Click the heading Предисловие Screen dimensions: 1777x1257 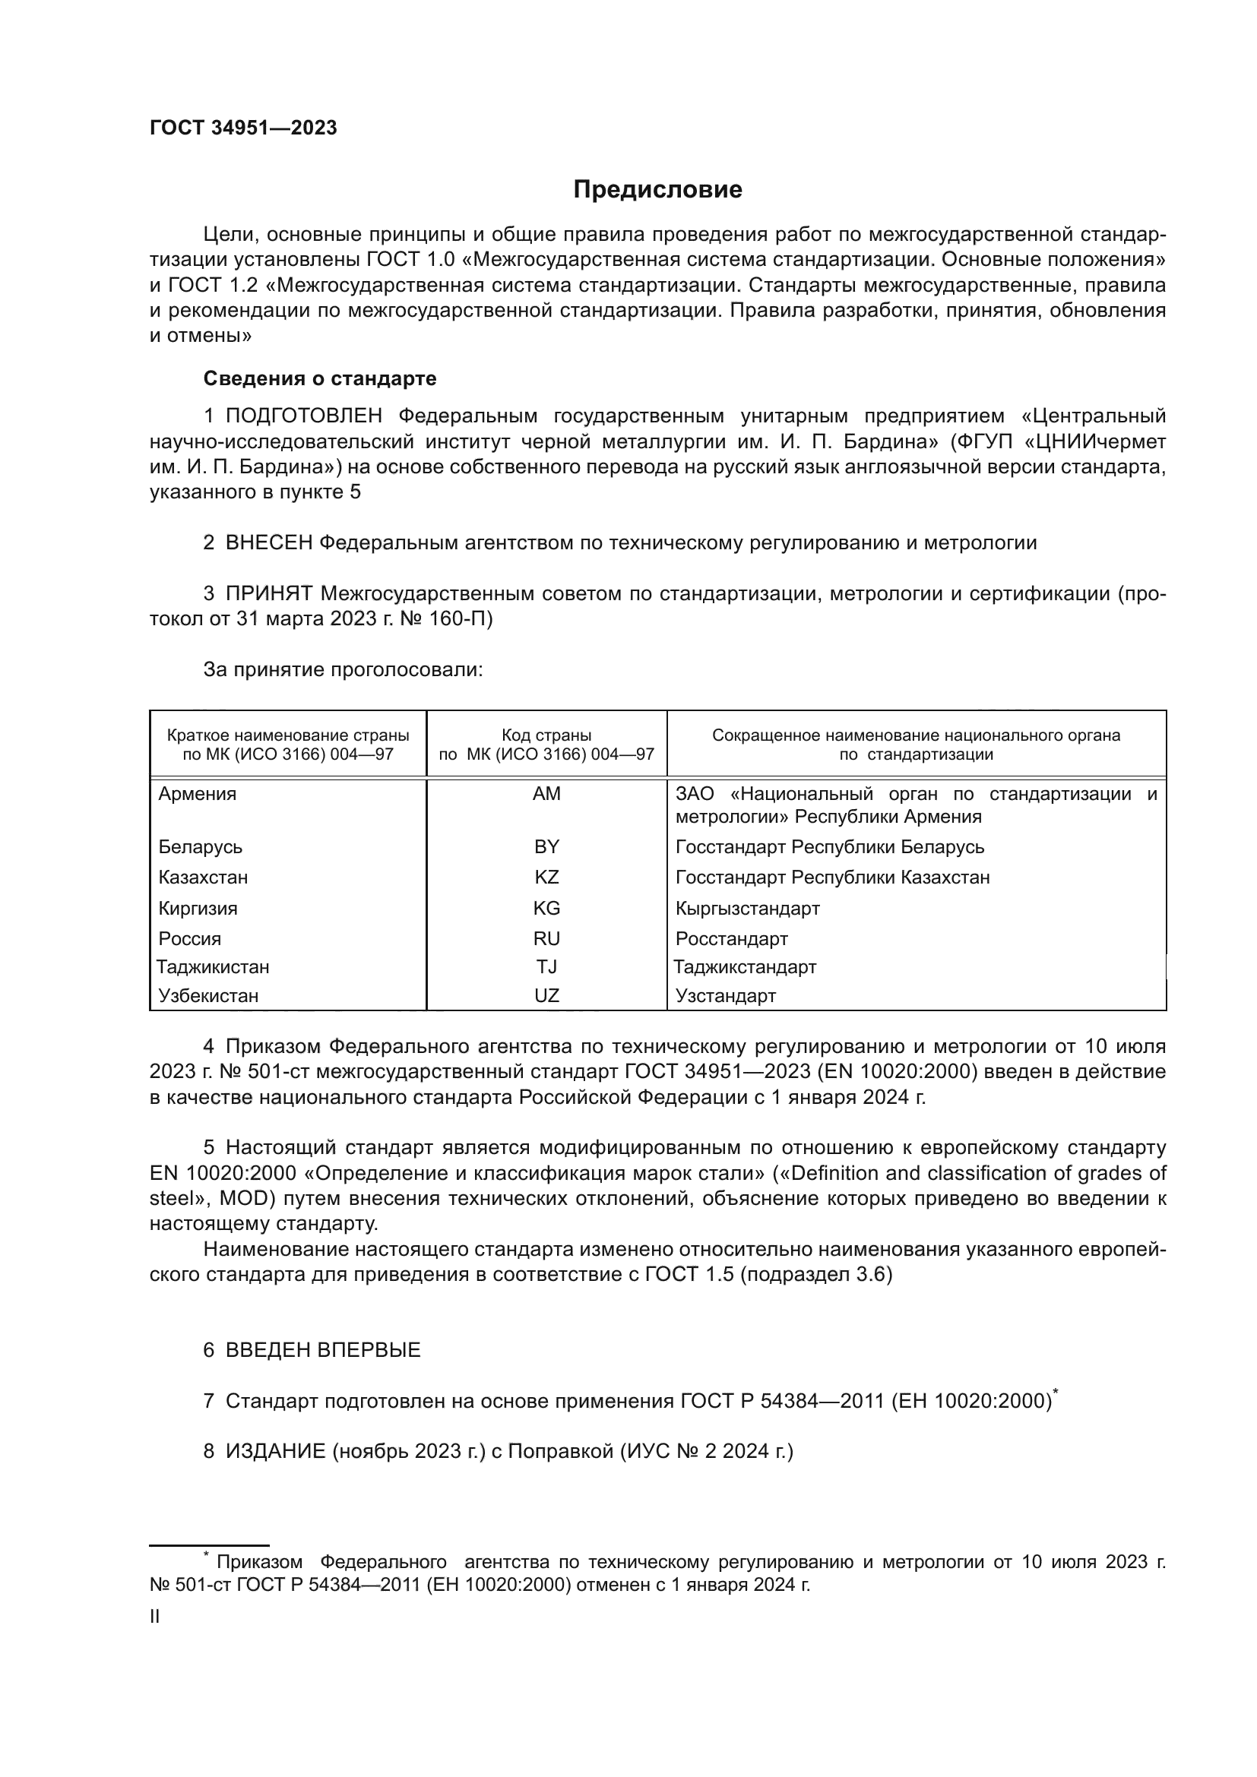pyautogui.click(x=657, y=190)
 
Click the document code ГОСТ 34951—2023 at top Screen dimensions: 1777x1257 pyautogui.click(x=243, y=128)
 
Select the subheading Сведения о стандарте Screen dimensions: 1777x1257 pyautogui.click(x=320, y=378)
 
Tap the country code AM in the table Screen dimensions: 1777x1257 pyautogui.click(x=546, y=793)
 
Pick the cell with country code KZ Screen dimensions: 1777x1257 pyautogui.click(x=546, y=877)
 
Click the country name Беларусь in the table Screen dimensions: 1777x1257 pyautogui.click(x=201, y=846)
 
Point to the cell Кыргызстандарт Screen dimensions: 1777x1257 pyautogui.click(x=747, y=908)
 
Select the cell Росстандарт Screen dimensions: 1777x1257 pyautogui.click(x=731, y=939)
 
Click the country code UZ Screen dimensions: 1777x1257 pyautogui.click(x=546, y=995)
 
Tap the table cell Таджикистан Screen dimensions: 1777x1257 pyautogui.click(x=213, y=966)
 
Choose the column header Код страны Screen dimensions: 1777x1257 pyautogui.click(x=546, y=735)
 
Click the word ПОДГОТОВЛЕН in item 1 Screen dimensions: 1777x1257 pyautogui.click(x=303, y=416)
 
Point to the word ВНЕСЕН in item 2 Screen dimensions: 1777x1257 pyautogui.click(x=268, y=542)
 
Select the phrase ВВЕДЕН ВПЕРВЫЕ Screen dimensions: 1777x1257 pyautogui.click(x=323, y=1350)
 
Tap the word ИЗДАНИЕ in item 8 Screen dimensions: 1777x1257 pyautogui.click(x=276, y=1450)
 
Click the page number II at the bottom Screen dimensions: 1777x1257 pyautogui.click(x=155, y=1616)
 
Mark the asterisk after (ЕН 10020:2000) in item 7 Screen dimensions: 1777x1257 pyautogui.click(x=1056, y=1393)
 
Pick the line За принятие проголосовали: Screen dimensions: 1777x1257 pyautogui.click(x=343, y=669)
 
